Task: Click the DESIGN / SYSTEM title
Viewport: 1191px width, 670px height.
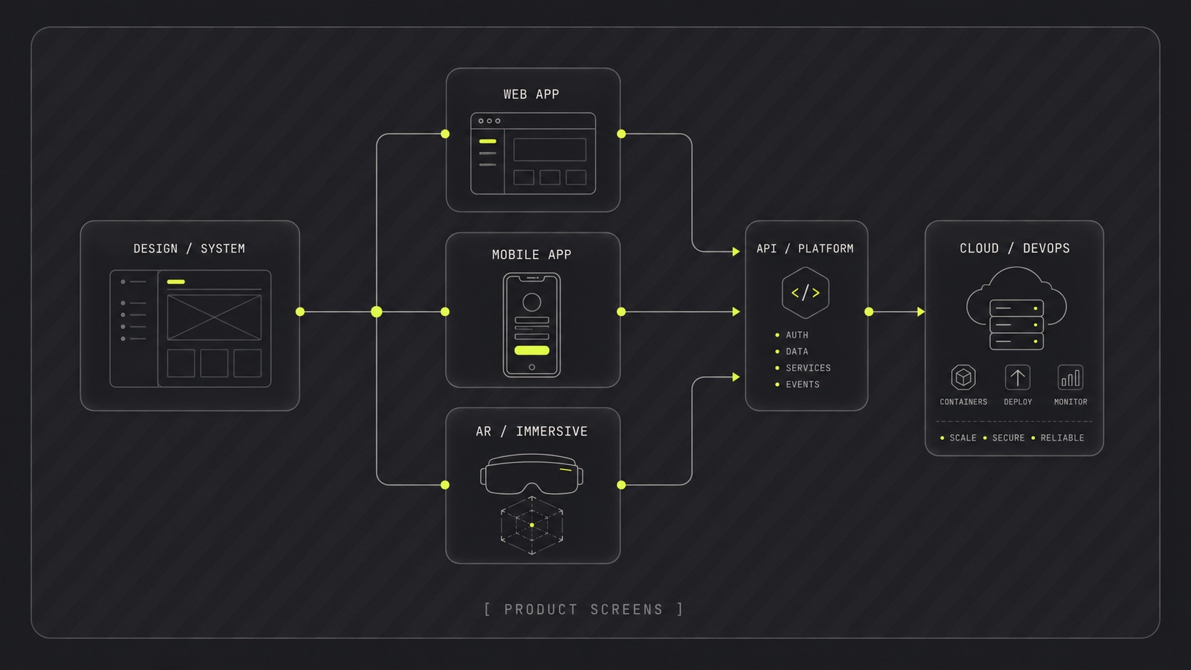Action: (x=189, y=248)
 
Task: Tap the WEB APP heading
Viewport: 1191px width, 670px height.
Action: (x=531, y=95)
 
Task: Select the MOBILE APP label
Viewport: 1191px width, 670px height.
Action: (x=531, y=255)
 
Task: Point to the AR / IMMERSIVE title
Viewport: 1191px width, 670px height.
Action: (x=531, y=431)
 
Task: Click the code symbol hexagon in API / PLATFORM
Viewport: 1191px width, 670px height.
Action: (x=806, y=293)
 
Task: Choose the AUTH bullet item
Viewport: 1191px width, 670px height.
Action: (x=796, y=335)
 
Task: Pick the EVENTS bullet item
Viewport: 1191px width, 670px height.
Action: (x=802, y=384)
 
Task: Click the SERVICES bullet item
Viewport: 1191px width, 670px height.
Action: (x=808, y=368)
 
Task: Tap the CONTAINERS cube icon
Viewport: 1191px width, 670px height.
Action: (x=963, y=377)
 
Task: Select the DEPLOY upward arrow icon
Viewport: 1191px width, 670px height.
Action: (x=1017, y=377)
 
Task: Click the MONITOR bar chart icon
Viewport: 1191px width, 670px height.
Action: (x=1071, y=377)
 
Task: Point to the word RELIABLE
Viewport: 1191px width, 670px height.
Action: (x=1062, y=438)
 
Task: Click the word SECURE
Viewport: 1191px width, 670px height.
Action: (x=1008, y=438)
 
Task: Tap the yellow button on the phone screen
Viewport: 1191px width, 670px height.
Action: (x=531, y=350)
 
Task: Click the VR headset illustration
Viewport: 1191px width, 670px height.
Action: (x=531, y=474)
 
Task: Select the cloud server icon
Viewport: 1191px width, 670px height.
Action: (x=1016, y=310)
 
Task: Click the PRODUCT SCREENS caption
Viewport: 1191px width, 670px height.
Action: (x=583, y=609)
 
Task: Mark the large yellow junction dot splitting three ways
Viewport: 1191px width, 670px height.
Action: (x=377, y=312)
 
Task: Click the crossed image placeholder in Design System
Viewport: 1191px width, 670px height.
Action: (x=214, y=318)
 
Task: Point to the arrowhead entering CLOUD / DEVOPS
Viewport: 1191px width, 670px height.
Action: (x=920, y=312)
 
